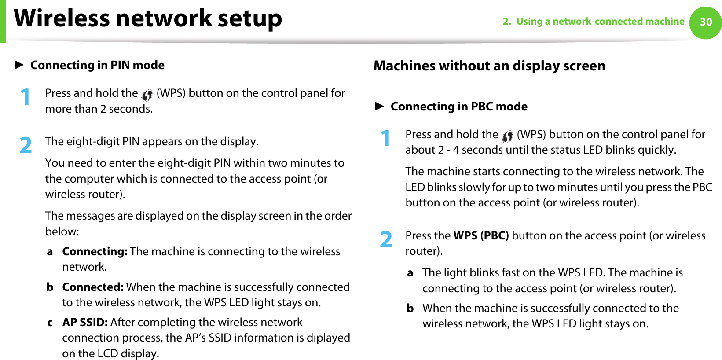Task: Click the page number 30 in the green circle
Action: point(706,22)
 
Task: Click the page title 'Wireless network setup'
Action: point(148,18)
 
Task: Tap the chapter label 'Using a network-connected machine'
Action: point(600,22)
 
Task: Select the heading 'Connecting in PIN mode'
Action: point(97,65)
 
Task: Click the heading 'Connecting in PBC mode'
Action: point(459,107)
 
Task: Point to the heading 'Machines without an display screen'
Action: point(489,66)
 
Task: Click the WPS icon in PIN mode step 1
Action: point(147,94)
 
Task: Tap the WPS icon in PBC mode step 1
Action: point(507,136)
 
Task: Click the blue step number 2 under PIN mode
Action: point(26,146)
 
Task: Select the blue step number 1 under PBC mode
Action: point(386,138)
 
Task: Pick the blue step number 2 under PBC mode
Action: point(386,240)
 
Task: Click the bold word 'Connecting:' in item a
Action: point(95,251)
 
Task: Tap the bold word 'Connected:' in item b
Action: point(93,287)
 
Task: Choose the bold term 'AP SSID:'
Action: point(85,322)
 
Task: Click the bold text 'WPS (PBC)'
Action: point(481,235)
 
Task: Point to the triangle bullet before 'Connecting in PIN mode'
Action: point(19,65)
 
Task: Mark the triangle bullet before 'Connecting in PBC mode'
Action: point(379,107)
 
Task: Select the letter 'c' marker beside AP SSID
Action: point(50,323)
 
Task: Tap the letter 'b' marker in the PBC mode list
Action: point(410,308)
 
